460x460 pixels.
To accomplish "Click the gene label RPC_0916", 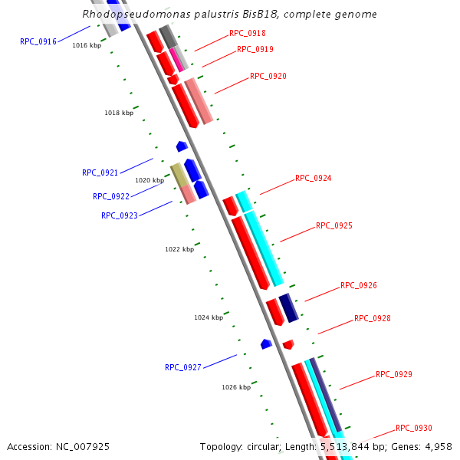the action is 38,41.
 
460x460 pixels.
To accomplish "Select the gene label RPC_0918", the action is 248,33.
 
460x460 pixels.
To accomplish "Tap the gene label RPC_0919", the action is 255,49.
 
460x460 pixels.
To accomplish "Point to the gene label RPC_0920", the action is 268,76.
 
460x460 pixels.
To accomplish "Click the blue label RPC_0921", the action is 100,172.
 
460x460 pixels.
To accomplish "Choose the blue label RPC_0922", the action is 111,196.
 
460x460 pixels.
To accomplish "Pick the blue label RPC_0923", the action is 120,215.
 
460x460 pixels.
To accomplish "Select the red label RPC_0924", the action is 314,178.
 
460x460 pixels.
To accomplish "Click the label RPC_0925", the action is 334,226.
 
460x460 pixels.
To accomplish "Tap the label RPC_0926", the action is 359,285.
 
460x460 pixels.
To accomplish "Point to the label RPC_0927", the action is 183,367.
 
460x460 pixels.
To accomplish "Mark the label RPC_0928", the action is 373,318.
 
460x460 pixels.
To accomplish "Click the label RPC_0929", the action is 394,374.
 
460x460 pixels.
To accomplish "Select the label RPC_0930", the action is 414,428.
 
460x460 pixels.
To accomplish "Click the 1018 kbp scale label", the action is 119,113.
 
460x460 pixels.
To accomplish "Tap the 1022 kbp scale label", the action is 179,249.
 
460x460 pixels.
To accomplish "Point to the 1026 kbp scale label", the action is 236,387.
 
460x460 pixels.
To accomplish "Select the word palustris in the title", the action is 186,14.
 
